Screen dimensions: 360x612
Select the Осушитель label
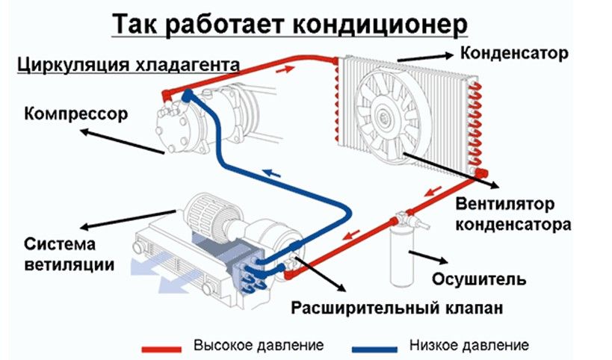(479, 279)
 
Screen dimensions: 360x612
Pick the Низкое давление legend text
(469, 346)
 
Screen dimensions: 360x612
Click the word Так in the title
(134, 24)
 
